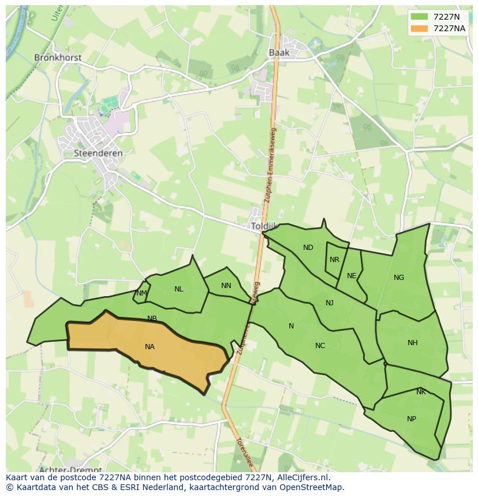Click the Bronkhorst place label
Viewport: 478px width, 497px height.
click(x=58, y=58)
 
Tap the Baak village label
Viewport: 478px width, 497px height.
click(x=279, y=53)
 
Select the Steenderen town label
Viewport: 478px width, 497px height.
click(x=98, y=154)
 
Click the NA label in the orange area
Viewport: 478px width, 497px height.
click(x=150, y=347)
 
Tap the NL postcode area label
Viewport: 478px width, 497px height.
click(x=179, y=289)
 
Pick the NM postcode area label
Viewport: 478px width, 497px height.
click(x=141, y=293)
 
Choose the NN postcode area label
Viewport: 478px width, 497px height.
click(x=226, y=286)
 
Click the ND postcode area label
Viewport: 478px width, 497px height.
click(x=308, y=248)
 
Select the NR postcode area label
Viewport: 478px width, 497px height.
click(x=334, y=260)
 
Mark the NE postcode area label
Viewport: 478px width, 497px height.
click(x=352, y=276)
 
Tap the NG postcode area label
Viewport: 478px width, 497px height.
click(x=399, y=278)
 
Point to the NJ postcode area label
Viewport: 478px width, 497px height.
click(x=330, y=303)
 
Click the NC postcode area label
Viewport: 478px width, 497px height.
click(x=320, y=346)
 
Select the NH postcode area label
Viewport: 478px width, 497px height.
click(x=412, y=343)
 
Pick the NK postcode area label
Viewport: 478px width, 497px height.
click(x=421, y=392)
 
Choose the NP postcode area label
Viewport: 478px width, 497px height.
click(x=412, y=419)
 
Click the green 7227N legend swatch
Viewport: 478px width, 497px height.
click(x=420, y=17)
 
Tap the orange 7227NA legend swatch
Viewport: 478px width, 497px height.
click(x=420, y=28)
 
